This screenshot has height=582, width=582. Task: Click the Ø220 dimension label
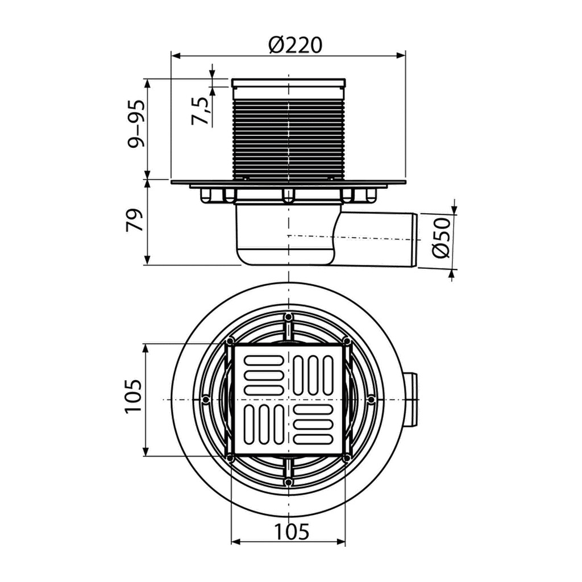coord(296,45)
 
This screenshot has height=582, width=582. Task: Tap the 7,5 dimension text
coord(201,111)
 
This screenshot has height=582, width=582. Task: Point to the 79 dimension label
coord(135,221)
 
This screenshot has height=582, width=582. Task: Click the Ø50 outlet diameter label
coord(441,238)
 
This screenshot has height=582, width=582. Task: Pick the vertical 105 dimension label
coord(133,396)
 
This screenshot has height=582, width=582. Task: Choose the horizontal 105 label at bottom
coord(292,531)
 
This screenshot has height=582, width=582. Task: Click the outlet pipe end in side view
coord(415,240)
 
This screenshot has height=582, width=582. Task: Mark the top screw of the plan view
coord(288,317)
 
